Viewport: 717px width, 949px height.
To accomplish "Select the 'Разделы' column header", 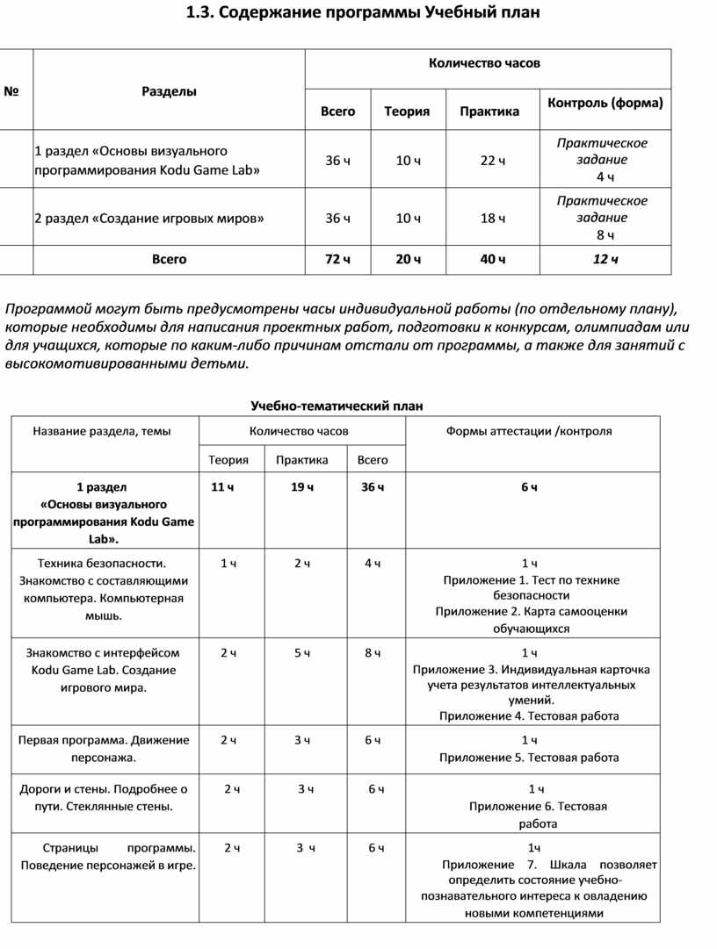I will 169,91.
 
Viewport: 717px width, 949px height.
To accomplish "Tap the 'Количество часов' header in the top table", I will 484,63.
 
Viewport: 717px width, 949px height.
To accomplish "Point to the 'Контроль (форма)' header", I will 605,103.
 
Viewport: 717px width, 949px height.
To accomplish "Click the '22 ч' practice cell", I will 492,161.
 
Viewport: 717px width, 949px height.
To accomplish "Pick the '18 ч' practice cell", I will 492,219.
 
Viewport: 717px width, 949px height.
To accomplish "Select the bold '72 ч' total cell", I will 337,260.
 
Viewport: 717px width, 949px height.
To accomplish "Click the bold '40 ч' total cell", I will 492,260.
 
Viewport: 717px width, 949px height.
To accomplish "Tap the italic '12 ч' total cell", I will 605,260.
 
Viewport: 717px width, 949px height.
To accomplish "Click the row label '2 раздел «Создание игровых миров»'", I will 148,219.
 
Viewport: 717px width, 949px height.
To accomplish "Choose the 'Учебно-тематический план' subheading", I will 337,406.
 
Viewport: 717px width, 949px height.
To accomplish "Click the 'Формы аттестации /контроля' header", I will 529,431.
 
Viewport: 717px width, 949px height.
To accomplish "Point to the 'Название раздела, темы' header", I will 102,431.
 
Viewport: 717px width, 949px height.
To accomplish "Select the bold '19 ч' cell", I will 302,487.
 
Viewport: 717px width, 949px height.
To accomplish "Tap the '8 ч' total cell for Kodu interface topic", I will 373,653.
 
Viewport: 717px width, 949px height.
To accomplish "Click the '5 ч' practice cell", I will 302,653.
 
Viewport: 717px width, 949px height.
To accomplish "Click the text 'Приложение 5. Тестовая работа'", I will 529,758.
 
